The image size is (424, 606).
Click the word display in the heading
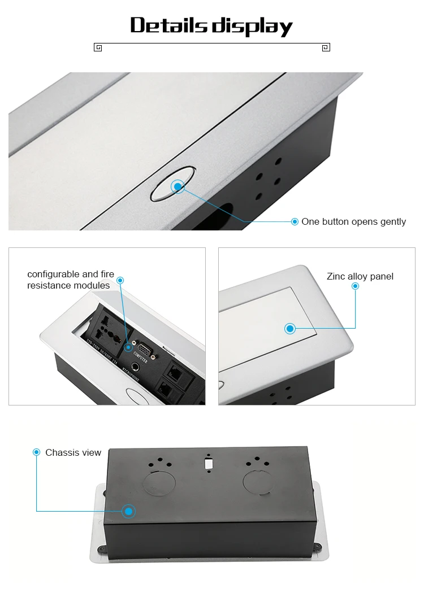[x=252, y=26]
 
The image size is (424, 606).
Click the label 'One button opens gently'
[x=353, y=221]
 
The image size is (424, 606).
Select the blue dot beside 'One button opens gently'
[x=295, y=221]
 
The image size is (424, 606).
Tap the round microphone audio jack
[x=136, y=368]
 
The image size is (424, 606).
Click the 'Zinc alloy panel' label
[x=360, y=276]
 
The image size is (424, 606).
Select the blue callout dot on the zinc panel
[x=290, y=328]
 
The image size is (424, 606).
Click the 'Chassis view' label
[x=73, y=452]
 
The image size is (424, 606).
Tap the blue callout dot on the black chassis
[x=129, y=511]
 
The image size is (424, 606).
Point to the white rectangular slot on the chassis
[x=209, y=464]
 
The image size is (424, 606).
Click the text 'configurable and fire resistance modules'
[x=71, y=280]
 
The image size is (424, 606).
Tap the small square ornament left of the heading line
[x=98, y=47]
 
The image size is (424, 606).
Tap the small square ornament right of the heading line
[x=326, y=47]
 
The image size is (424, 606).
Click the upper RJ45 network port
[x=172, y=370]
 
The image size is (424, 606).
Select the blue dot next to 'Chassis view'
[x=37, y=452]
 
